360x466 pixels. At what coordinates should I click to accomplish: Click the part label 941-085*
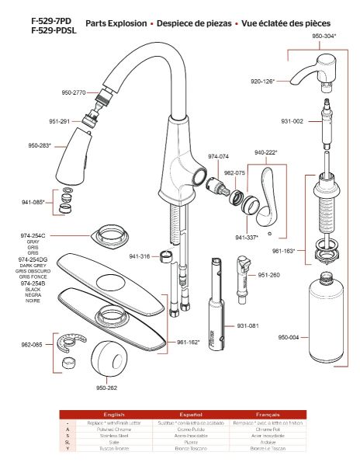tap(33, 203)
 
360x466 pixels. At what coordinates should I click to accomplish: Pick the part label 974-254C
tap(33, 235)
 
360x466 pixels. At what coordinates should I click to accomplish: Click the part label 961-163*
tap(285, 251)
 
